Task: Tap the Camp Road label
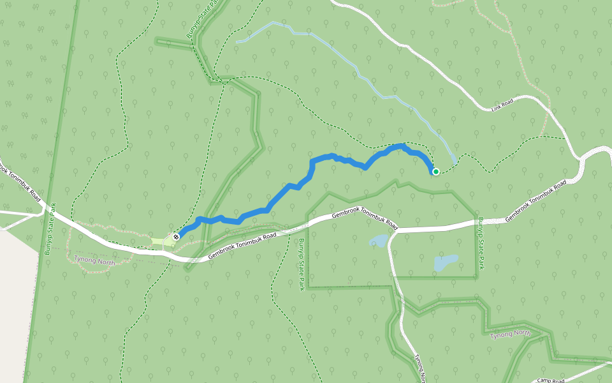551,380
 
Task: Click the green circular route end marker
436,171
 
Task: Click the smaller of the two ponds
379,241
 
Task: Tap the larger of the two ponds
445,262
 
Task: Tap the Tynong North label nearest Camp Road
510,334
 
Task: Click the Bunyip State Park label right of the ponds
481,243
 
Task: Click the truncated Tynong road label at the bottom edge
421,367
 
